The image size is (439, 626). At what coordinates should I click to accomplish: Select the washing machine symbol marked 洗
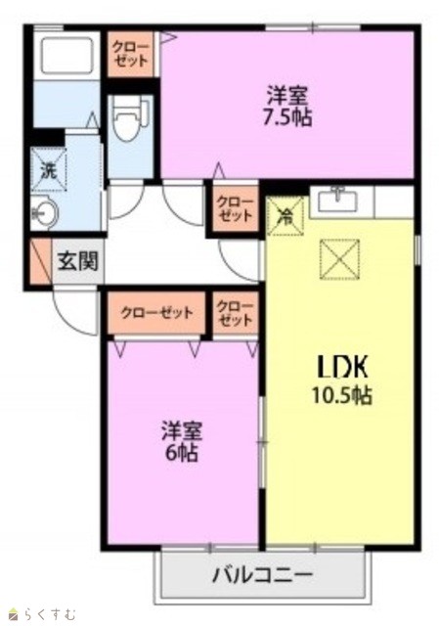tap(49, 169)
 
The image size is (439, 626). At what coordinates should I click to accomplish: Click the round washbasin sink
tap(45, 212)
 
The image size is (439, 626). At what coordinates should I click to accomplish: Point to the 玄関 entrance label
tap(78, 261)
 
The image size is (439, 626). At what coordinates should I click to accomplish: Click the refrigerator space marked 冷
tap(285, 215)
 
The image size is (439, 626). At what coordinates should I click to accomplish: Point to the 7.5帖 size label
tap(286, 117)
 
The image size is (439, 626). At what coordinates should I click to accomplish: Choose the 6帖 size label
tap(182, 453)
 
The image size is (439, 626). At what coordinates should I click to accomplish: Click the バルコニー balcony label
tap(262, 575)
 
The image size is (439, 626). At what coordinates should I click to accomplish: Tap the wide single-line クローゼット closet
tap(156, 313)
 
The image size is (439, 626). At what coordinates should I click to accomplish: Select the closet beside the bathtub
tap(130, 54)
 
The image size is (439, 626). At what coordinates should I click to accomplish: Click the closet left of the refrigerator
tap(235, 208)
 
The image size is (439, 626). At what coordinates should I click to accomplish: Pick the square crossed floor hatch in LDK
tap(339, 259)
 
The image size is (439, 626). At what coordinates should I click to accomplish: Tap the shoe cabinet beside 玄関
tap(41, 261)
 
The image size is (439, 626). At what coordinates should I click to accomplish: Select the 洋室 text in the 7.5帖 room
tap(286, 96)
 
